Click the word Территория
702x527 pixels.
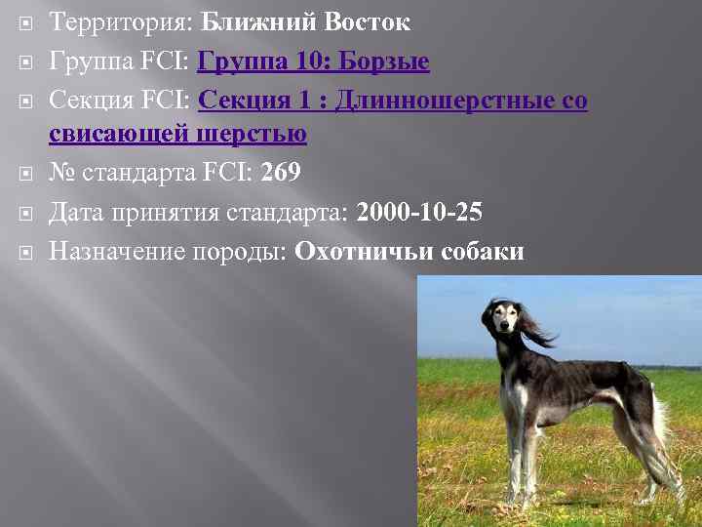pos(121,22)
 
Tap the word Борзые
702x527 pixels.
pos(384,62)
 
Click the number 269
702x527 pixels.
pos(280,173)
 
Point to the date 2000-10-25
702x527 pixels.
pos(419,213)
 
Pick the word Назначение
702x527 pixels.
pos(114,252)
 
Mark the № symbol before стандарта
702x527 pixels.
pos(61,173)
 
